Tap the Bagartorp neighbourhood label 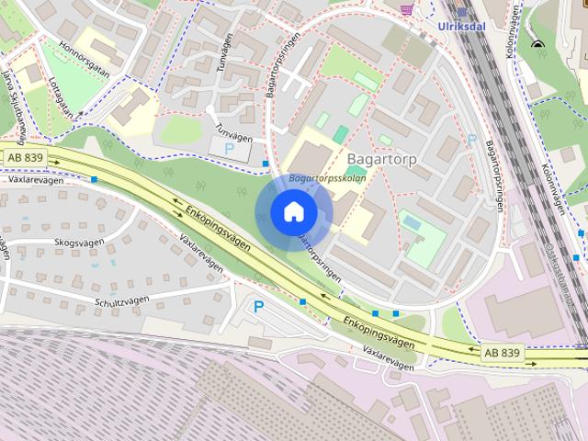point(382,159)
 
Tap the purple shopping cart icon point(407,8)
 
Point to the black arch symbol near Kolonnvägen point(537,44)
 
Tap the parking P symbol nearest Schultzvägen point(258,307)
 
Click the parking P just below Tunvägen point(229,147)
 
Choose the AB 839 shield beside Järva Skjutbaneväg point(25,158)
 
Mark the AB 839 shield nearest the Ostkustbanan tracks point(502,352)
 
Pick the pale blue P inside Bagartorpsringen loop point(471,140)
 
